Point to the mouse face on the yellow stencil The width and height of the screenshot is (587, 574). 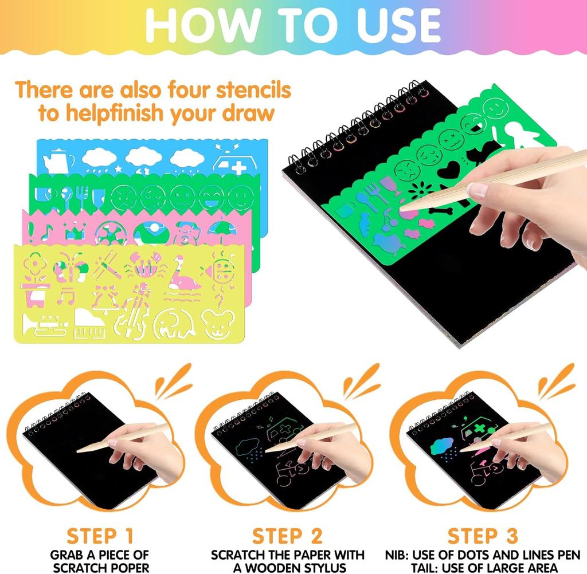[220, 324]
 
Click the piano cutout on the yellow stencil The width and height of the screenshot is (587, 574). [90, 327]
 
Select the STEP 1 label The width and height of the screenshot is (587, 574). [100, 536]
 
